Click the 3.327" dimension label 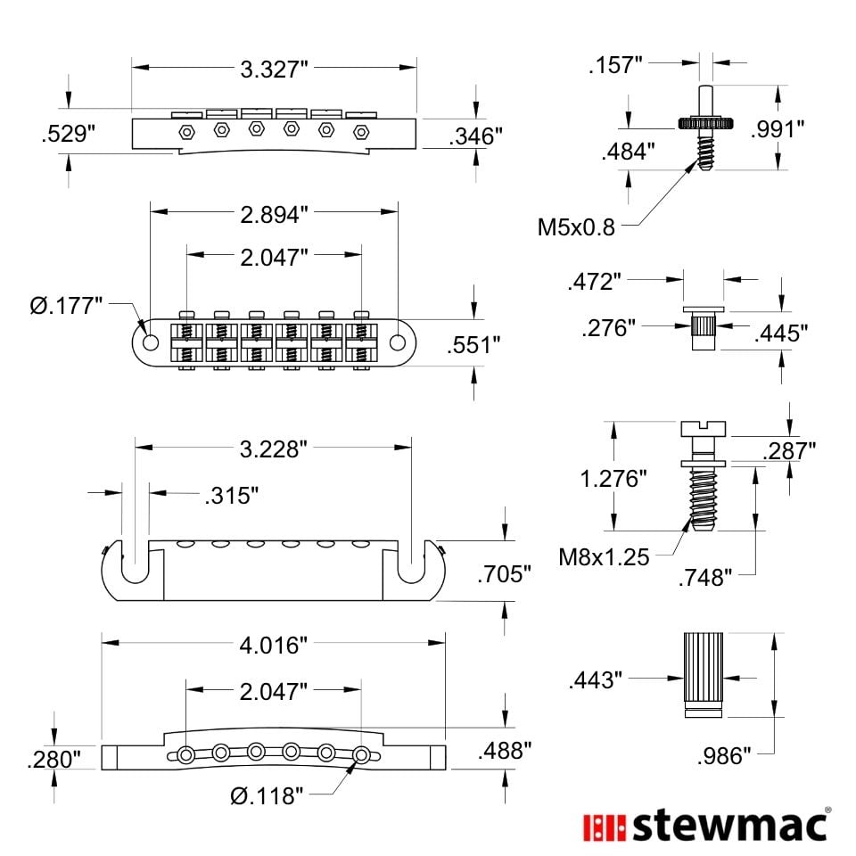pos(274,70)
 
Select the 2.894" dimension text pos(274,215)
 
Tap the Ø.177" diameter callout pos(66,306)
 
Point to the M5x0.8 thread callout pos(576,227)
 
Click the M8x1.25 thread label pos(604,557)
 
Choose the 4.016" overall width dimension pos(274,646)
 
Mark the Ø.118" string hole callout pos(267,796)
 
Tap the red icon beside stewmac pos(605,827)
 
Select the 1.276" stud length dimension pos(613,479)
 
